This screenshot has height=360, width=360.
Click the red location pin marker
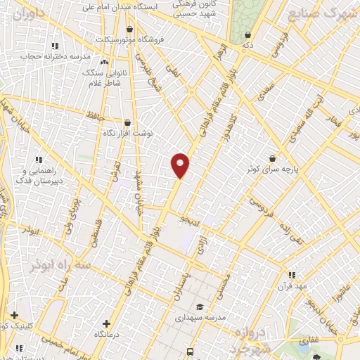[x=181, y=165]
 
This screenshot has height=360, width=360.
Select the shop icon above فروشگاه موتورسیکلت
[x=130, y=30]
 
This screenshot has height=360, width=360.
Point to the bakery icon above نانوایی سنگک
[x=105, y=63]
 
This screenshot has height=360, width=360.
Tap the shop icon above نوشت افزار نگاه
[x=127, y=122]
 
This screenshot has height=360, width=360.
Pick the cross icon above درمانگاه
[x=106, y=323]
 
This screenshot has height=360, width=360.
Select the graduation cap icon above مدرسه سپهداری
[x=200, y=307]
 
